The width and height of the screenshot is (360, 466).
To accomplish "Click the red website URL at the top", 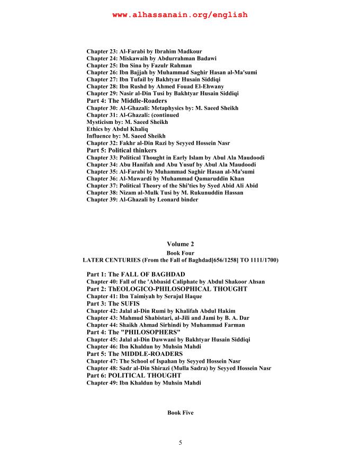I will [x=180, y=15].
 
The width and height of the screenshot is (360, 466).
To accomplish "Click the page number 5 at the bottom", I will [x=181, y=443].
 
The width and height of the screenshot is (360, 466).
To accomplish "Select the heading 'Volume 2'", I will [x=181, y=244].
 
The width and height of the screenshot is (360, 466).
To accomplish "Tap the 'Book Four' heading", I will [x=181, y=253].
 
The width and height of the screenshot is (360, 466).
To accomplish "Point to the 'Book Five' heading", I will [x=181, y=413].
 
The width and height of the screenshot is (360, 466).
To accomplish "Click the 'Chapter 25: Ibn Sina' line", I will [x=139, y=65].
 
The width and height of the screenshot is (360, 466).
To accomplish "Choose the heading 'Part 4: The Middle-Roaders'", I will [x=127, y=101].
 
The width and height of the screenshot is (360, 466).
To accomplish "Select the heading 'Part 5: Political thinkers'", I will [x=121, y=150].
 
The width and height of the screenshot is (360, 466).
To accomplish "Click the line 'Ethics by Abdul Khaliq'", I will [x=117, y=129].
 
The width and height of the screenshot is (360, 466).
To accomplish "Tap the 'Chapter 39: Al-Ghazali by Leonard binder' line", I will [x=143, y=200].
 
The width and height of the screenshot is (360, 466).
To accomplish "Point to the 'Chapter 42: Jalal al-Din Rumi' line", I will [x=161, y=311].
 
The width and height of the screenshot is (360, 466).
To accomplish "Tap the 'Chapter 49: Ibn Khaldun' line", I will [x=143, y=382].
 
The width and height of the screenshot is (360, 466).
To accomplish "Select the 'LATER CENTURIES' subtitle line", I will [x=181, y=260].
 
